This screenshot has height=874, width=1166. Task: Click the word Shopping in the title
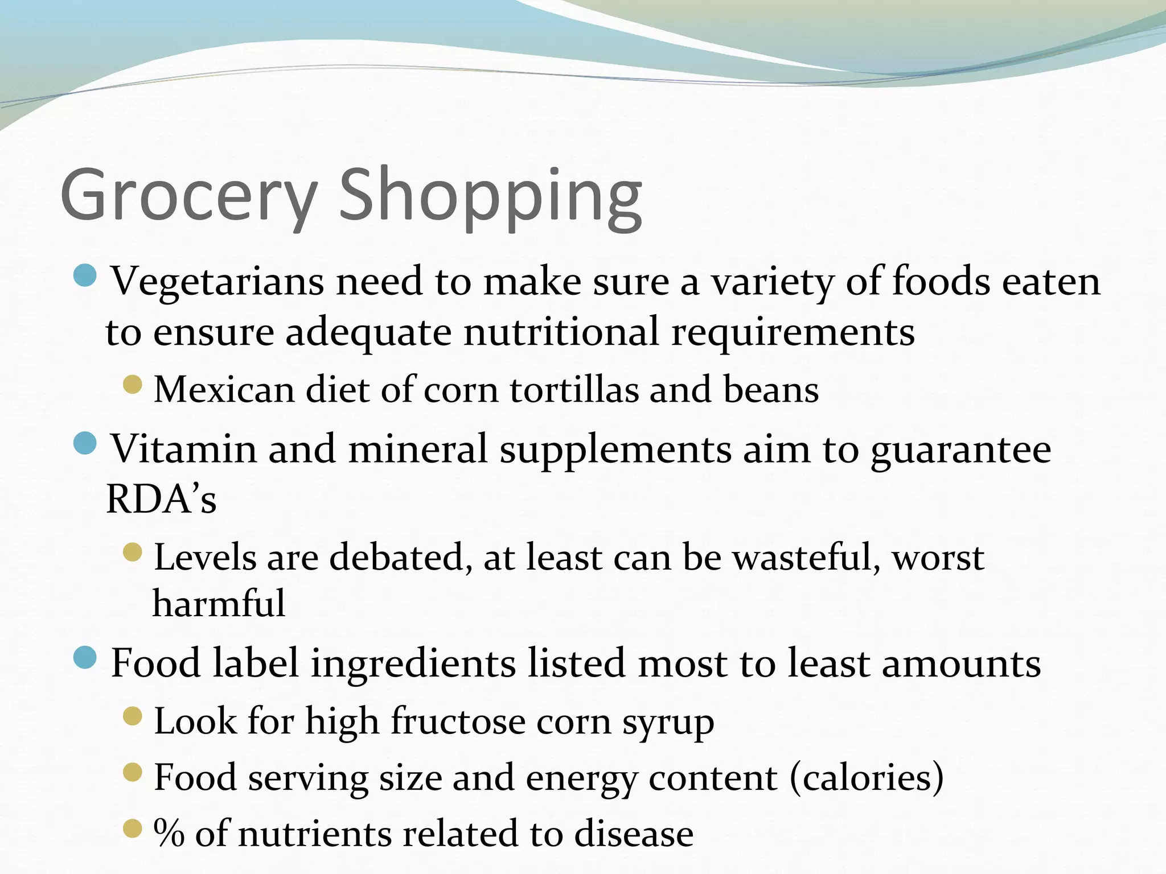[491, 196]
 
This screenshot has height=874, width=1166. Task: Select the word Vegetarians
[217, 282]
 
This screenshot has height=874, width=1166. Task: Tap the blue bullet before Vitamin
[85, 443]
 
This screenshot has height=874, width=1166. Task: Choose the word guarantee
[960, 450]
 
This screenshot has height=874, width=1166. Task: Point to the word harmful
[219, 603]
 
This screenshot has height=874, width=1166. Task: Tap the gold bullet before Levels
[132, 552]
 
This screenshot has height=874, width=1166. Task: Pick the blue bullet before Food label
[85, 658]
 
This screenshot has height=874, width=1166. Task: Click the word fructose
[465, 722]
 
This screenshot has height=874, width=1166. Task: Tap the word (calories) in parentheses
[867, 778]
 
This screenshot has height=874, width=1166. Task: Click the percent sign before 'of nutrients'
[169, 834]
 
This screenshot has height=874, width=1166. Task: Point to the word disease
[633, 834]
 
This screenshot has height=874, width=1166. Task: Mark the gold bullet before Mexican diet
[132, 385]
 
